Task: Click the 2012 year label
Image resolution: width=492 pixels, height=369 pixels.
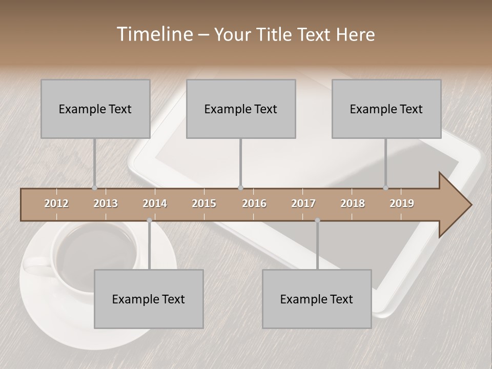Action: click(x=56, y=203)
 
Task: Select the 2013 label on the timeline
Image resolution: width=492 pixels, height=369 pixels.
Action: click(x=106, y=203)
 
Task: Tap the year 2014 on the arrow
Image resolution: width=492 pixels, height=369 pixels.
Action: click(x=155, y=203)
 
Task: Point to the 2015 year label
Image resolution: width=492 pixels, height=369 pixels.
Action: click(x=204, y=203)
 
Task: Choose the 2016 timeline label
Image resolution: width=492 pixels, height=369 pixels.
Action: click(x=254, y=203)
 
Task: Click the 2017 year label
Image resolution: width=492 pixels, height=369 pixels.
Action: click(x=303, y=203)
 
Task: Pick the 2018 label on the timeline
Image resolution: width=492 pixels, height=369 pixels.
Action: click(x=353, y=203)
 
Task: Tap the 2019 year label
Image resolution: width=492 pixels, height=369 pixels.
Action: click(x=402, y=203)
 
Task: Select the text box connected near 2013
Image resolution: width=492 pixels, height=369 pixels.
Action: click(x=95, y=109)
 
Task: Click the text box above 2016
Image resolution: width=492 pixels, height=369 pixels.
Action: click(x=241, y=109)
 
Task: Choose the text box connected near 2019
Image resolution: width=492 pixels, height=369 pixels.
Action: click(x=386, y=109)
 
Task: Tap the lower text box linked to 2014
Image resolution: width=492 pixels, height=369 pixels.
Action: click(x=149, y=299)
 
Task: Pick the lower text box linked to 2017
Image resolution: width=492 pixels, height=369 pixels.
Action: click(x=317, y=299)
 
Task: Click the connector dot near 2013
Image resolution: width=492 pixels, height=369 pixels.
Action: click(x=94, y=188)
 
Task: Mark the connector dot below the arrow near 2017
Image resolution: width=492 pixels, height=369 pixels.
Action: click(x=317, y=220)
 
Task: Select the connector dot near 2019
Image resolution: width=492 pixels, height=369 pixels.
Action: click(x=385, y=188)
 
